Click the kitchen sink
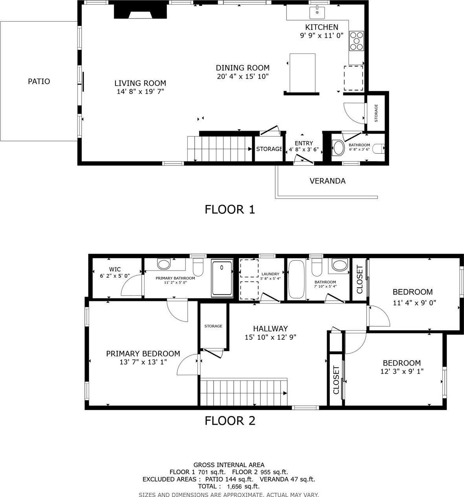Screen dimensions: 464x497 pos(317,13)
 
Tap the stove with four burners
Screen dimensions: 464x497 pos(356,41)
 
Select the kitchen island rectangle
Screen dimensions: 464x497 pos(302,73)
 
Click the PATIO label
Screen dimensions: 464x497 pos(39,81)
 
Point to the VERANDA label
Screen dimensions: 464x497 pos(327,181)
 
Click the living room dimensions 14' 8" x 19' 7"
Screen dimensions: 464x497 pos(141,92)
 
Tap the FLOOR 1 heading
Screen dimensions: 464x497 pos(230,209)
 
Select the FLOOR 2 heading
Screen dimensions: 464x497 pos(230,421)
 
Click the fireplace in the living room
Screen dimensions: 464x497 pos(141,11)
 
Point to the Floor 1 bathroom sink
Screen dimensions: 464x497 pos(338,148)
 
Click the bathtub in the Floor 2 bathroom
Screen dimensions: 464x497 pos(296,279)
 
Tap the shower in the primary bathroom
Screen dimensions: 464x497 pos(222,278)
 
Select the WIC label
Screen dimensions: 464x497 pos(115,269)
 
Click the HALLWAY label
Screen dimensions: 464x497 pos(270,329)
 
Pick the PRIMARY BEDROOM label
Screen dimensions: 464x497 pos(143,353)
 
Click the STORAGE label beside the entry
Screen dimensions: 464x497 pos(269,149)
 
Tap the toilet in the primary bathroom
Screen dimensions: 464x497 pos(198,267)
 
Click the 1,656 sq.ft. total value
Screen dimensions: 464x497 pos(243,486)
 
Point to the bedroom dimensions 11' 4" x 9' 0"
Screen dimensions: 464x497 pos(415,303)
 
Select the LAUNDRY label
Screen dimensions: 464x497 pos(270,274)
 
